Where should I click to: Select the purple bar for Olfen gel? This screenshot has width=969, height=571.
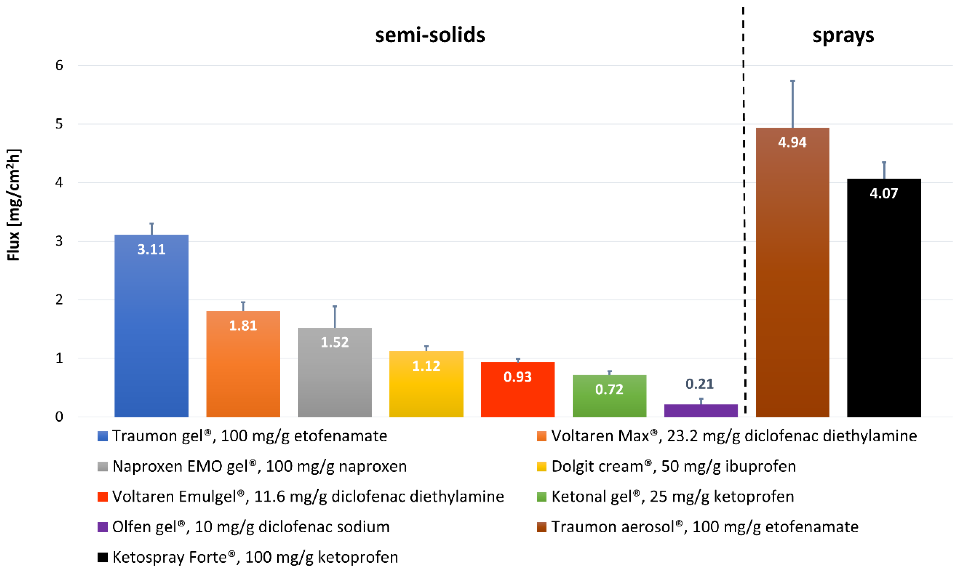701,411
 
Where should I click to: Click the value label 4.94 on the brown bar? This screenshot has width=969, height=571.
792,143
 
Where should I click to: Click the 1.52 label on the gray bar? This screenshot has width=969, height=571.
335,342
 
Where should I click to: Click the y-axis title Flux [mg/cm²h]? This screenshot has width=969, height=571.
14,205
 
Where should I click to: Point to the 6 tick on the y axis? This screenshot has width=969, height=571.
59,65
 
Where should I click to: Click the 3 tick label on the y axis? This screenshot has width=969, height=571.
59,241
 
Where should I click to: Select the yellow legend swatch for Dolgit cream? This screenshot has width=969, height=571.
541,467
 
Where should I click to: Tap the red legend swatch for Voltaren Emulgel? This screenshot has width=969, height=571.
102,497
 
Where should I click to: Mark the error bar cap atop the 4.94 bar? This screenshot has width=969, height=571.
793,81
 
